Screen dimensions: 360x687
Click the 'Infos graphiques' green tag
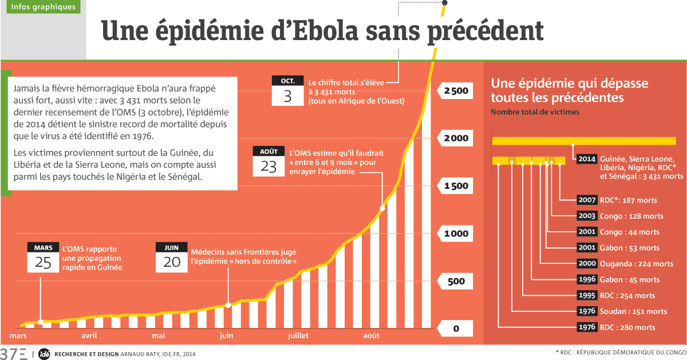tap(43, 7)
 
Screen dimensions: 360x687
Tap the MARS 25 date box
tap(43, 257)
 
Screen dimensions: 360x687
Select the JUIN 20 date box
tap(172, 257)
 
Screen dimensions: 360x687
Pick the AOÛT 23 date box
tap(269, 161)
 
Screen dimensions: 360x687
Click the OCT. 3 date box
tap(288, 90)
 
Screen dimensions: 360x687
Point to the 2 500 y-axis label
tap(456, 91)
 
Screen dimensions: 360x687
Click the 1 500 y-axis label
tap(456, 186)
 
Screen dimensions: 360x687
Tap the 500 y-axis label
tap(456, 281)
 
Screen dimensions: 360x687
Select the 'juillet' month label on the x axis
tap(298, 335)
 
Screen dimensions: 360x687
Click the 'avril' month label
tap(89, 335)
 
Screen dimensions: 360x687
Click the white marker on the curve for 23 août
tap(382, 208)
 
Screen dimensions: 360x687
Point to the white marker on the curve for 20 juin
tap(228, 305)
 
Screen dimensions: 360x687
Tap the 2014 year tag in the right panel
tap(586, 159)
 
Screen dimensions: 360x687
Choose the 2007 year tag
tap(586, 200)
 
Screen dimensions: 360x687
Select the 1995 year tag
tap(586, 296)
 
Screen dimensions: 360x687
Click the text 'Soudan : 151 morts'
tap(634, 311)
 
